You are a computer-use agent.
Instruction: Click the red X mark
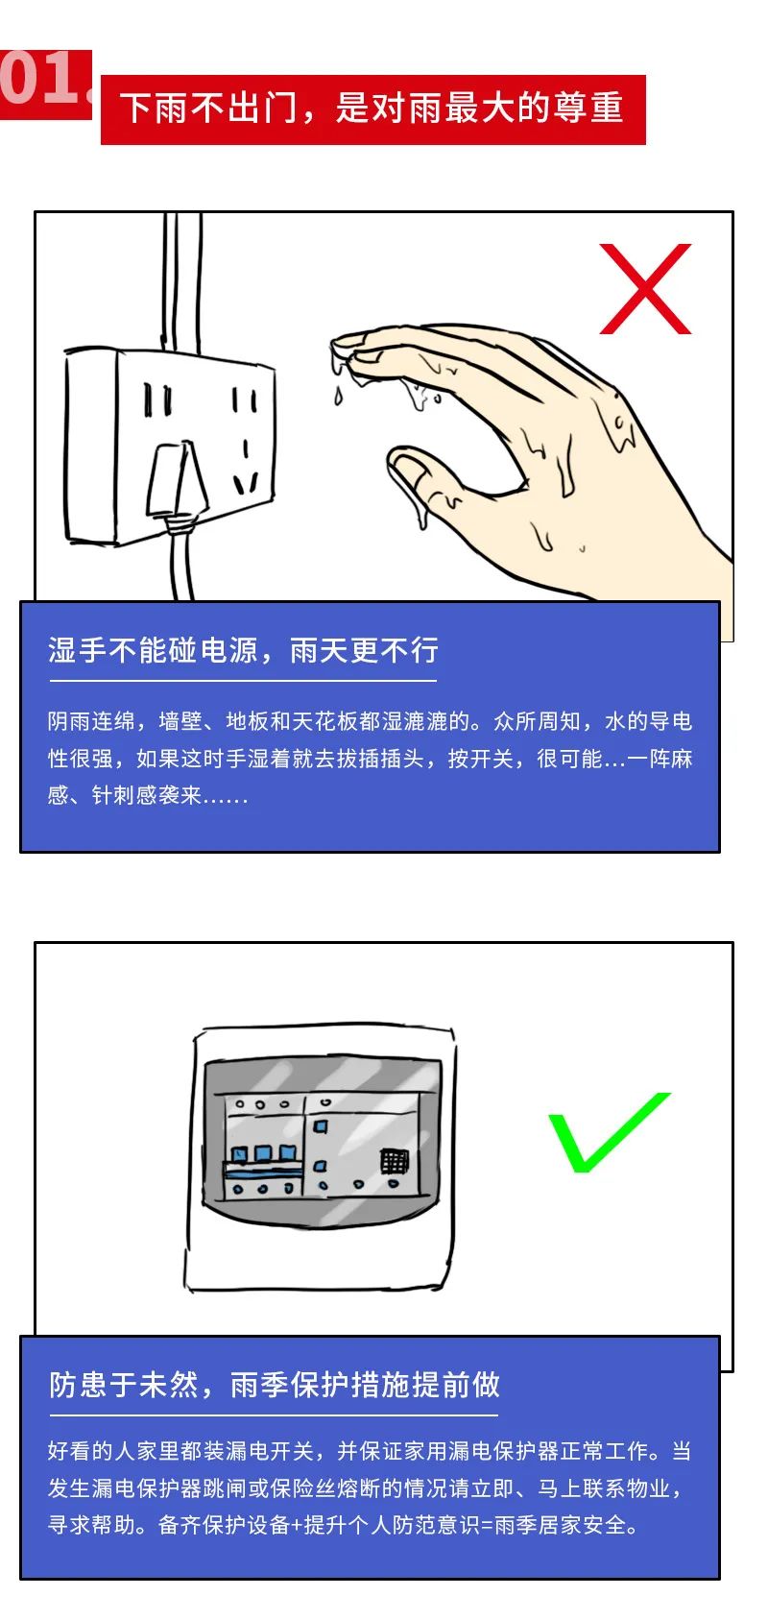[645, 288]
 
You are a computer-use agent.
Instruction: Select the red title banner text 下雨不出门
[208, 109]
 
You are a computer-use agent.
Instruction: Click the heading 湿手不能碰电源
[154, 650]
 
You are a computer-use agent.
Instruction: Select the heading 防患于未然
[123, 1385]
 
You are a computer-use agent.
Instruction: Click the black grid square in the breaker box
[395, 1162]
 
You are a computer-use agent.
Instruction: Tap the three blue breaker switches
[263, 1153]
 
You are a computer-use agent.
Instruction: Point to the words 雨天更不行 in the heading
[364, 650]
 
